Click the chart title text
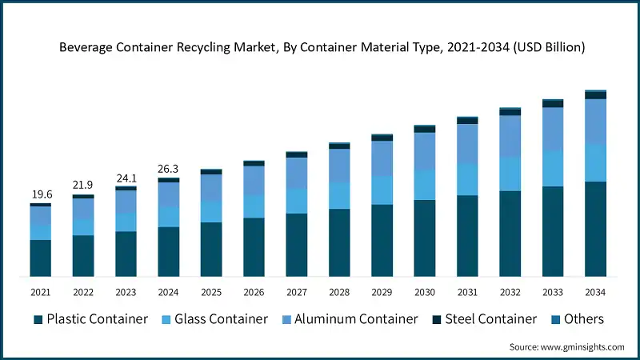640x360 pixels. [x=322, y=47]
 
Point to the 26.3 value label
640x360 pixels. [x=168, y=169]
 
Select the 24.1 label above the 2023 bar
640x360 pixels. [x=126, y=178]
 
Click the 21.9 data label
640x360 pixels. [x=82, y=186]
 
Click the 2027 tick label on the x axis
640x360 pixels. [x=296, y=292]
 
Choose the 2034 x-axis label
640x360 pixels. [x=595, y=292]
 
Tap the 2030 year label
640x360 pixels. [x=424, y=292]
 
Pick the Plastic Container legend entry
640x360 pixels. [x=90, y=319]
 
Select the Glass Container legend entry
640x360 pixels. [x=215, y=319]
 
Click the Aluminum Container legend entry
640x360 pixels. [x=349, y=319]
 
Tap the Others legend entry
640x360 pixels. [x=576, y=319]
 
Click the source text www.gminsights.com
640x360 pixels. [x=566, y=346]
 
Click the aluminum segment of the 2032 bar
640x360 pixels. [x=510, y=136]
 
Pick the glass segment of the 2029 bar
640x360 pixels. [x=382, y=190]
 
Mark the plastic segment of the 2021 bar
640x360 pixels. [x=40, y=258]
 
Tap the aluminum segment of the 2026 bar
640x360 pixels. [x=254, y=180]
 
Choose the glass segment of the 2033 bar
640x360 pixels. [x=553, y=169]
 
